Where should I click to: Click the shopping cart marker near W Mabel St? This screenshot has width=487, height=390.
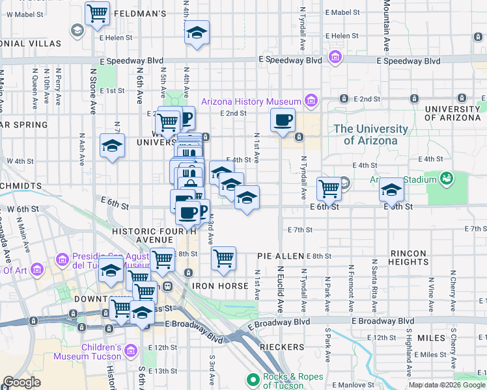(97, 13)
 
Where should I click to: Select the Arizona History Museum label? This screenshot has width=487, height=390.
(251, 101)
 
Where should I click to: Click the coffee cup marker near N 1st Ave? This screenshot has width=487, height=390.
(283, 120)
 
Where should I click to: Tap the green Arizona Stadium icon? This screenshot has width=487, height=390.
(447, 177)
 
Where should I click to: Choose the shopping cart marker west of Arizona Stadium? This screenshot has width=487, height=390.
(329, 189)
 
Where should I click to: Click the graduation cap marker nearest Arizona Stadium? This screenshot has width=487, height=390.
(391, 189)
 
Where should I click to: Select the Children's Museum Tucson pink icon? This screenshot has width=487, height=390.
(132, 351)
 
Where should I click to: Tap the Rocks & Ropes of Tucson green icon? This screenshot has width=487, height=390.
(252, 379)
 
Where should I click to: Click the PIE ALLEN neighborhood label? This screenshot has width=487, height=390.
(280, 257)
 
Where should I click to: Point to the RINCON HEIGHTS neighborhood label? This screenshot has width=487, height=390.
(417, 257)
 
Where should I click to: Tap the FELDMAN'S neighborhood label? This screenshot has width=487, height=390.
(140, 13)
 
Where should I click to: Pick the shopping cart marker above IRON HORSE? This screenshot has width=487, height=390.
(223, 257)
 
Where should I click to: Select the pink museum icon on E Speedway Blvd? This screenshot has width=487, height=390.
(336, 58)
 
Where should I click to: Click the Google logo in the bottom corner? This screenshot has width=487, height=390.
(21, 382)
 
